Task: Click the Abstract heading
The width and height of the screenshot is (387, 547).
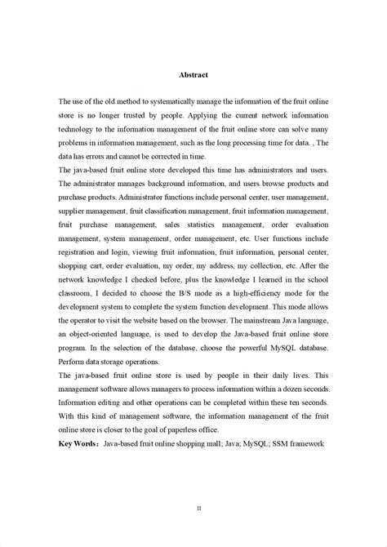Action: click(193, 75)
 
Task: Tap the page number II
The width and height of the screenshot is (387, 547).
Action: click(198, 508)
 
